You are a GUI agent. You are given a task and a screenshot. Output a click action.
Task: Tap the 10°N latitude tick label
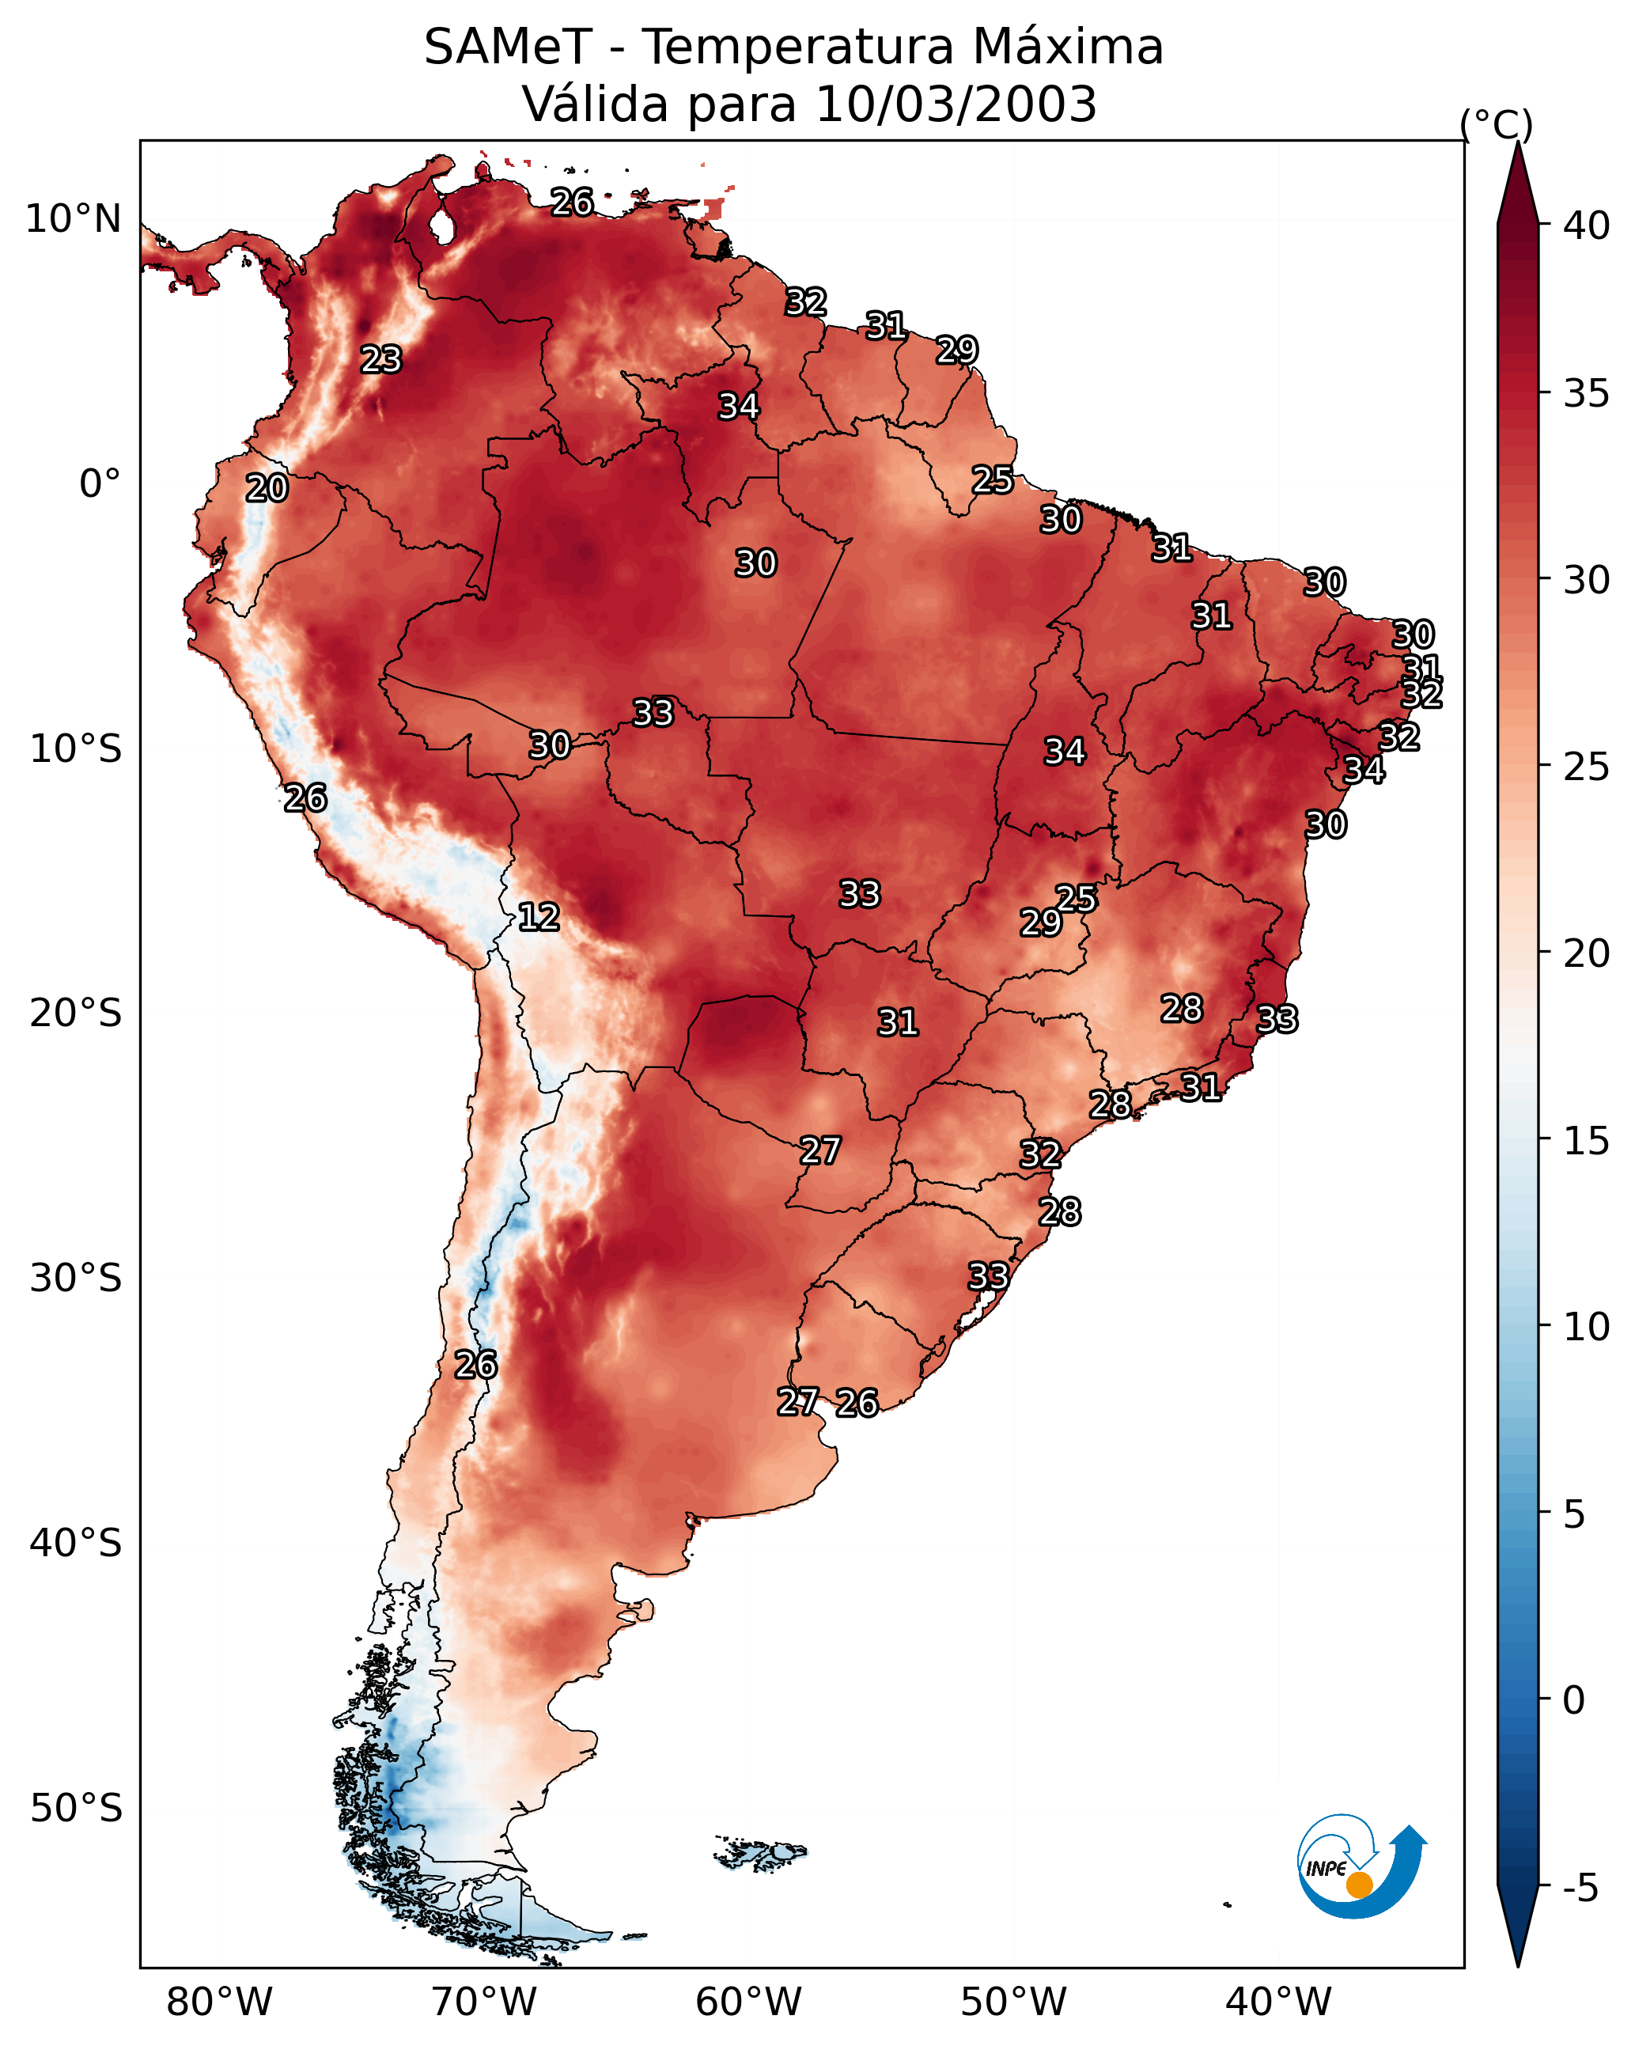pos(73,219)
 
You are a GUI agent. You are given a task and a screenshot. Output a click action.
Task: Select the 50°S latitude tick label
pos(76,1809)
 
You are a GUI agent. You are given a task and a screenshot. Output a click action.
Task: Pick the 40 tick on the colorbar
pos(1588,225)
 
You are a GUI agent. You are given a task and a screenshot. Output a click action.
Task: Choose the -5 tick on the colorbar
pos(1586,1888)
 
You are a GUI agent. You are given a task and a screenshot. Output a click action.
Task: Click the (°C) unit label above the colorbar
pos(1496,125)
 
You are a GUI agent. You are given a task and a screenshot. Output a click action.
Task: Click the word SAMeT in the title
pos(508,47)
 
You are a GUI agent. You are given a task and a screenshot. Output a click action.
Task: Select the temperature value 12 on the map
pos(538,918)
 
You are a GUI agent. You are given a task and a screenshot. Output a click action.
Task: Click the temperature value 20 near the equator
pos(267,489)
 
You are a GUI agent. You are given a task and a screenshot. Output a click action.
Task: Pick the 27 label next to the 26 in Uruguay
pos(798,1402)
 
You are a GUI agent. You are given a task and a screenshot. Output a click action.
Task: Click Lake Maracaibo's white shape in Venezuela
pos(441,225)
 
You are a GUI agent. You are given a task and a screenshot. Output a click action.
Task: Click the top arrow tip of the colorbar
pos(1517,142)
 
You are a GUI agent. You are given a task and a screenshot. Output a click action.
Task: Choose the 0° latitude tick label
pos(100,484)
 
